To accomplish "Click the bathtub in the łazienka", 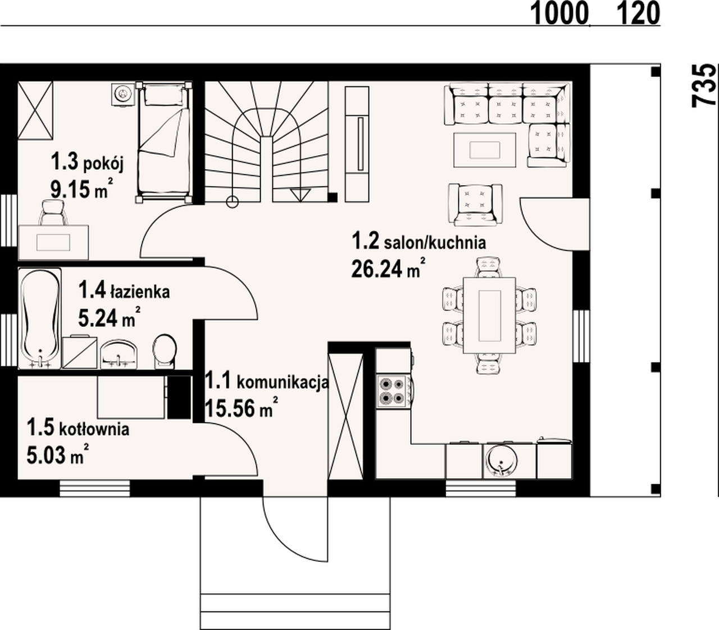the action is coord(40,318).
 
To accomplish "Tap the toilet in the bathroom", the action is coord(165,351).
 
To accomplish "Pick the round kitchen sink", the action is coord(500,460).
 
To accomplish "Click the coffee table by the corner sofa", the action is coord(485,150).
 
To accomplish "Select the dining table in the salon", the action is coord(489,315).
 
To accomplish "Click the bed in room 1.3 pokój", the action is coord(164,142).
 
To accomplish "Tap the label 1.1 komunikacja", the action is coord(267,381).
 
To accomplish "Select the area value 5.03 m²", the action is coord(57,454).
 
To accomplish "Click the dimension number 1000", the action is coord(560,14).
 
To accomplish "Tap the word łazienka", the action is coord(139,292).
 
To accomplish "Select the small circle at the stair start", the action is coord(233,202).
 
